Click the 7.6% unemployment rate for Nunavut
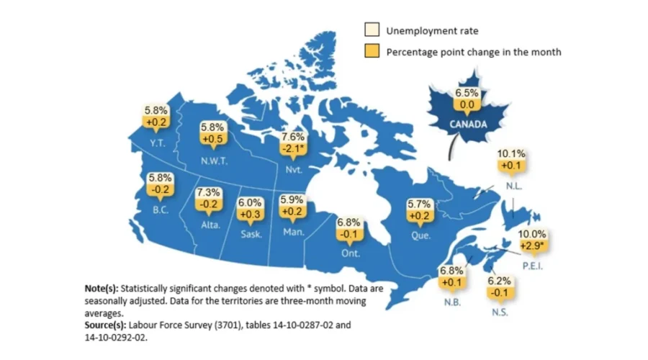click(x=294, y=137)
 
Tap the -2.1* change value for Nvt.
click(x=294, y=148)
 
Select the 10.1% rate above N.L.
click(x=511, y=154)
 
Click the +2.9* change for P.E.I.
click(x=534, y=246)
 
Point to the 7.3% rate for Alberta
click(x=209, y=194)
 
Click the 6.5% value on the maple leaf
click(x=467, y=93)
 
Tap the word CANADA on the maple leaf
click(x=467, y=123)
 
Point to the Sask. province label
click(x=251, y=234)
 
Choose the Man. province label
click(x=294, y=232)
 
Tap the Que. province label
click(x=420, y=235)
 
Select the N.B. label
click(x=452, y=302)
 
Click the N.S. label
click(x=500, y=312)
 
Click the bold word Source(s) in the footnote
click(x=108, y=325)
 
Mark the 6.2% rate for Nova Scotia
click(x=499, y=281)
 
